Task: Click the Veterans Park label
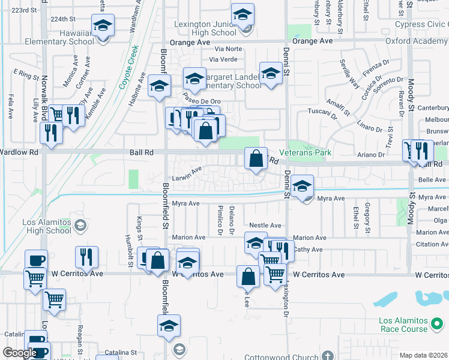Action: [x=309, y=152]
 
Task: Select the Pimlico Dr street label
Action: [x=220, y=221]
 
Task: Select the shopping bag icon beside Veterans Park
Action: [x=256, y=160]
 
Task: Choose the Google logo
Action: [x=20, y=353]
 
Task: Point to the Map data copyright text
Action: [x=423, y=355]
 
